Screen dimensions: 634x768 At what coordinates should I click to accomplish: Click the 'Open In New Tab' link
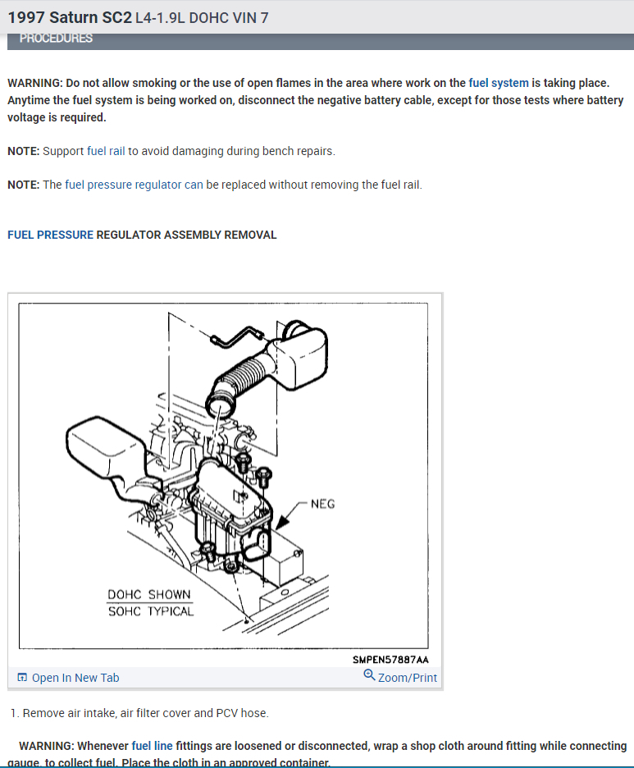[75, 678]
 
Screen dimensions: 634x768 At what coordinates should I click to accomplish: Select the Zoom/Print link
[407, 678]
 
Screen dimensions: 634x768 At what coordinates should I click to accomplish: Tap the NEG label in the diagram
[322, 503]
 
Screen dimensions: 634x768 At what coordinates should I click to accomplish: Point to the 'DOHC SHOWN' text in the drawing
[148, 595]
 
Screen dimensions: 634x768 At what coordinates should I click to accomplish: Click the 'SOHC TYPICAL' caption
[150, 611]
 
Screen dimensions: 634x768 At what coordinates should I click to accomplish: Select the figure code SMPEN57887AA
[390, 659]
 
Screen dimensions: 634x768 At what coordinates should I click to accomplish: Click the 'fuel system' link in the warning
[499, 83]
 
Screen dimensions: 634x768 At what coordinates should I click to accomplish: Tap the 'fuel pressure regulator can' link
[134, 185]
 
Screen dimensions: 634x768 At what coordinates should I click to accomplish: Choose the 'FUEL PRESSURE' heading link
[50, 235]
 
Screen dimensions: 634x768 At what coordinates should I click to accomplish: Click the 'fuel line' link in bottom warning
[152, 746]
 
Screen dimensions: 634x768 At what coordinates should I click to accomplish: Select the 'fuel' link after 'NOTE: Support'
[96, 151]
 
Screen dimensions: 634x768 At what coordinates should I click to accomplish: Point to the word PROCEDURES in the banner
[56, 39]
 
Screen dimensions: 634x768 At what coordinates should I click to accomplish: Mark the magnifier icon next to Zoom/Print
[369, 676]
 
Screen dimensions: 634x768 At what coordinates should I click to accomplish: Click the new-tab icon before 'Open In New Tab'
[22, 678]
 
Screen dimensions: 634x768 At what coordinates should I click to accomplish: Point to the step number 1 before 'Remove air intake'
[13, 713]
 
